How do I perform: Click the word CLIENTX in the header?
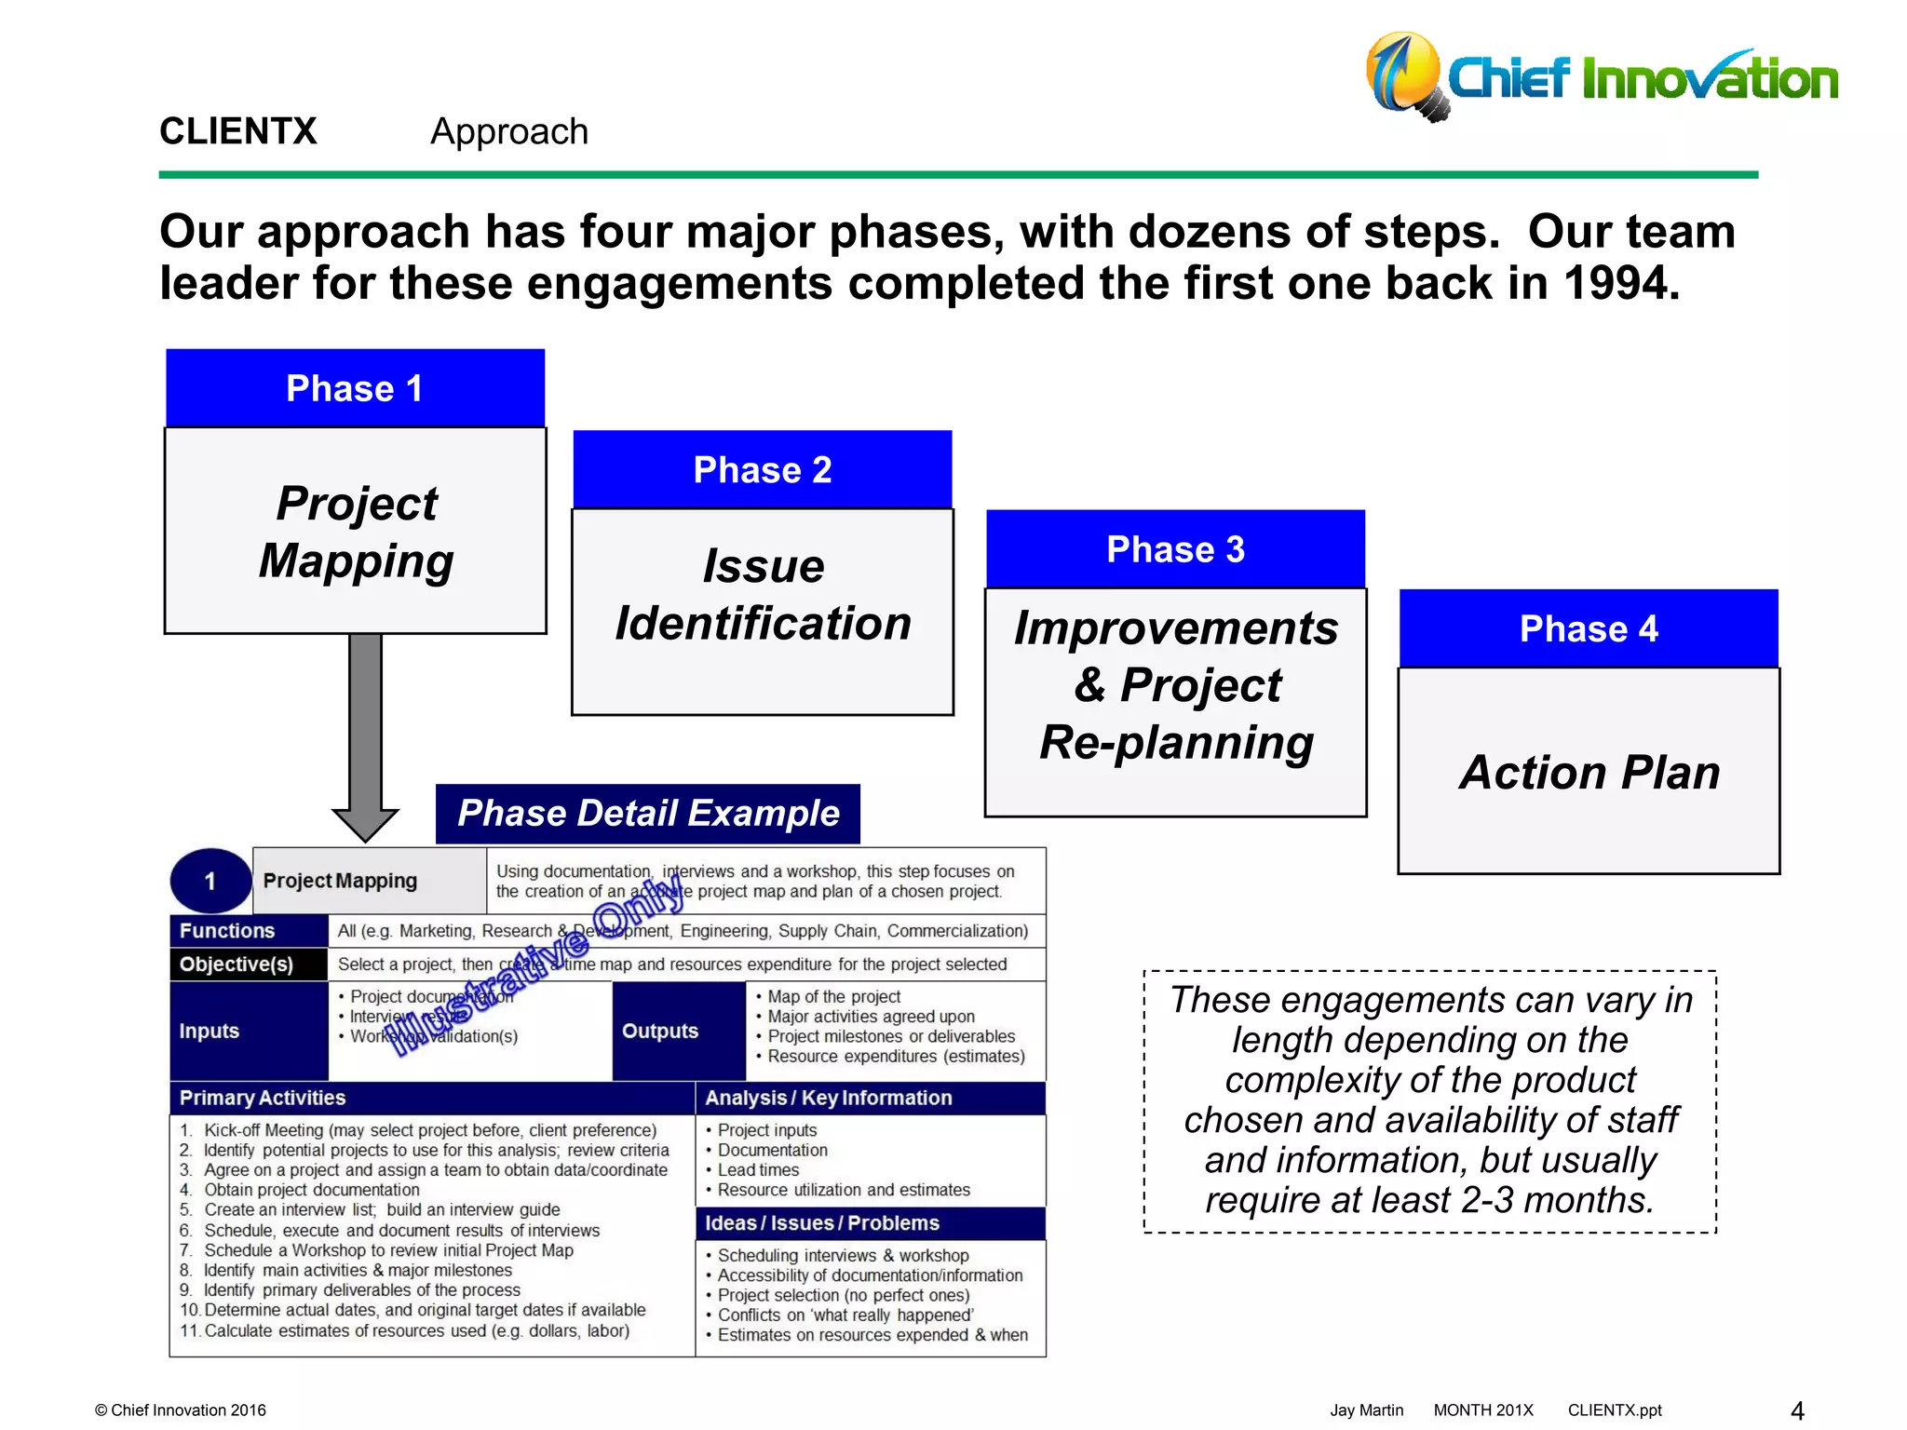coord(238,131)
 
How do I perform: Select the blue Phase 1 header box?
coord(355,388)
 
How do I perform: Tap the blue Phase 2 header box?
coord(762,469)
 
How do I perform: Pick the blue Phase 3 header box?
coord(1175,549)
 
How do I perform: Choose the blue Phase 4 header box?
coord(1589,628)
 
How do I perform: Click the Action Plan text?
coord(1589,772)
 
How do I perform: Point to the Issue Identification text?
coord(763,594)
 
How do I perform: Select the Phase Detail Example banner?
coord(648,814)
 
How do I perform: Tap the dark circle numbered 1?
coord(210,881)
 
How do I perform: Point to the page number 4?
coord(1797,1410)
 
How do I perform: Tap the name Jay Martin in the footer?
coord(1366,1410)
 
